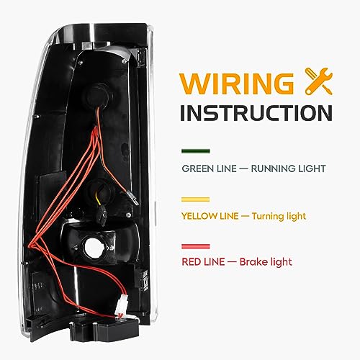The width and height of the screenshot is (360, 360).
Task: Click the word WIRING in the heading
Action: point(237,84)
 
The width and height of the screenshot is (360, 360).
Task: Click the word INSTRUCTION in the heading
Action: point(256,113)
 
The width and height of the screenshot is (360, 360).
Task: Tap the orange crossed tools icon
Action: point(319,81)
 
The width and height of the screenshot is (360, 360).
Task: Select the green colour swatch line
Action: point(196,151)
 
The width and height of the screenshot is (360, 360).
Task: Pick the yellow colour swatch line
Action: point(196,199)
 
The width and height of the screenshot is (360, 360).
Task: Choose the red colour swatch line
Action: point(196,246)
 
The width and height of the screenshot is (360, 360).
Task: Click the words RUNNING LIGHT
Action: point(288,168)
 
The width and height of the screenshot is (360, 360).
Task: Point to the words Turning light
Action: point(279,216)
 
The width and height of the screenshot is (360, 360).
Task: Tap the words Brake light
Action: point(266,262)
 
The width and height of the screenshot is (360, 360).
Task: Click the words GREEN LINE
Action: point(209,168)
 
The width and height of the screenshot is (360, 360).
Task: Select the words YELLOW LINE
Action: point(210,216)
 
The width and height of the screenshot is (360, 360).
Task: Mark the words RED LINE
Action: point(203,261)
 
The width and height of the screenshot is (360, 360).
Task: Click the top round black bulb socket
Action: point(99,96)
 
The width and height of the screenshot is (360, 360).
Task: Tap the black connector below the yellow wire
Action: point(102,215)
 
